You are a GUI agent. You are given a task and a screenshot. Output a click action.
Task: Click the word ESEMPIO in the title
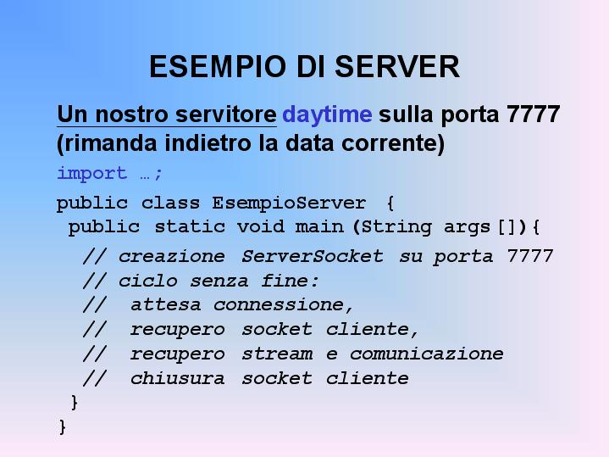[218, 66]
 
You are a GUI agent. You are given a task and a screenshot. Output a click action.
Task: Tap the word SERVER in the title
[397, 66]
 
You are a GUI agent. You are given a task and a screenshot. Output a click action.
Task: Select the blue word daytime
[327, 115]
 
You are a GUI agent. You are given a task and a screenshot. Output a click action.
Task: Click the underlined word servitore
[225, 114]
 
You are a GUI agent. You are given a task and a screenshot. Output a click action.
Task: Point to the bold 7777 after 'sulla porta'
[534, 114]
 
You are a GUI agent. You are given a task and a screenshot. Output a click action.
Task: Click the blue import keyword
[92, 174]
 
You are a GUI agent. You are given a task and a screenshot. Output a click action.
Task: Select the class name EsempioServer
[289, 203]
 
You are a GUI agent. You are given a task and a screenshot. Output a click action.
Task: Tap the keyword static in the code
[190, 226]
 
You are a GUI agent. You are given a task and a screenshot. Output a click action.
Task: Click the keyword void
[261, 226]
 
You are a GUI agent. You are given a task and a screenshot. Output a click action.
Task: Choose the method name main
[319, 226]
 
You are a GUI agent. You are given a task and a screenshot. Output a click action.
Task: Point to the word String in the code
[396, 227]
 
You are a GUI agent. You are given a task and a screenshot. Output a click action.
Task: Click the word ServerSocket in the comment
[313, 256]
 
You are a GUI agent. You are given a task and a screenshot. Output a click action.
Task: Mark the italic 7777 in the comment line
[529, 256]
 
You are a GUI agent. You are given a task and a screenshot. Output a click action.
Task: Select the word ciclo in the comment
[148, 281]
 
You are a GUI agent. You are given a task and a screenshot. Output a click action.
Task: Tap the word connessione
[279, 305]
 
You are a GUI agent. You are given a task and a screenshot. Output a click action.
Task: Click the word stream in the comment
[277, 354]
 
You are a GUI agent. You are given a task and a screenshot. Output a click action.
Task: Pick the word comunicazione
[426, 354]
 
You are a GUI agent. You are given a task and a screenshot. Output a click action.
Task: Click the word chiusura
[178, 378]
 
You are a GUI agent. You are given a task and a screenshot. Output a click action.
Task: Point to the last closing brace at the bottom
[63, 427]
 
